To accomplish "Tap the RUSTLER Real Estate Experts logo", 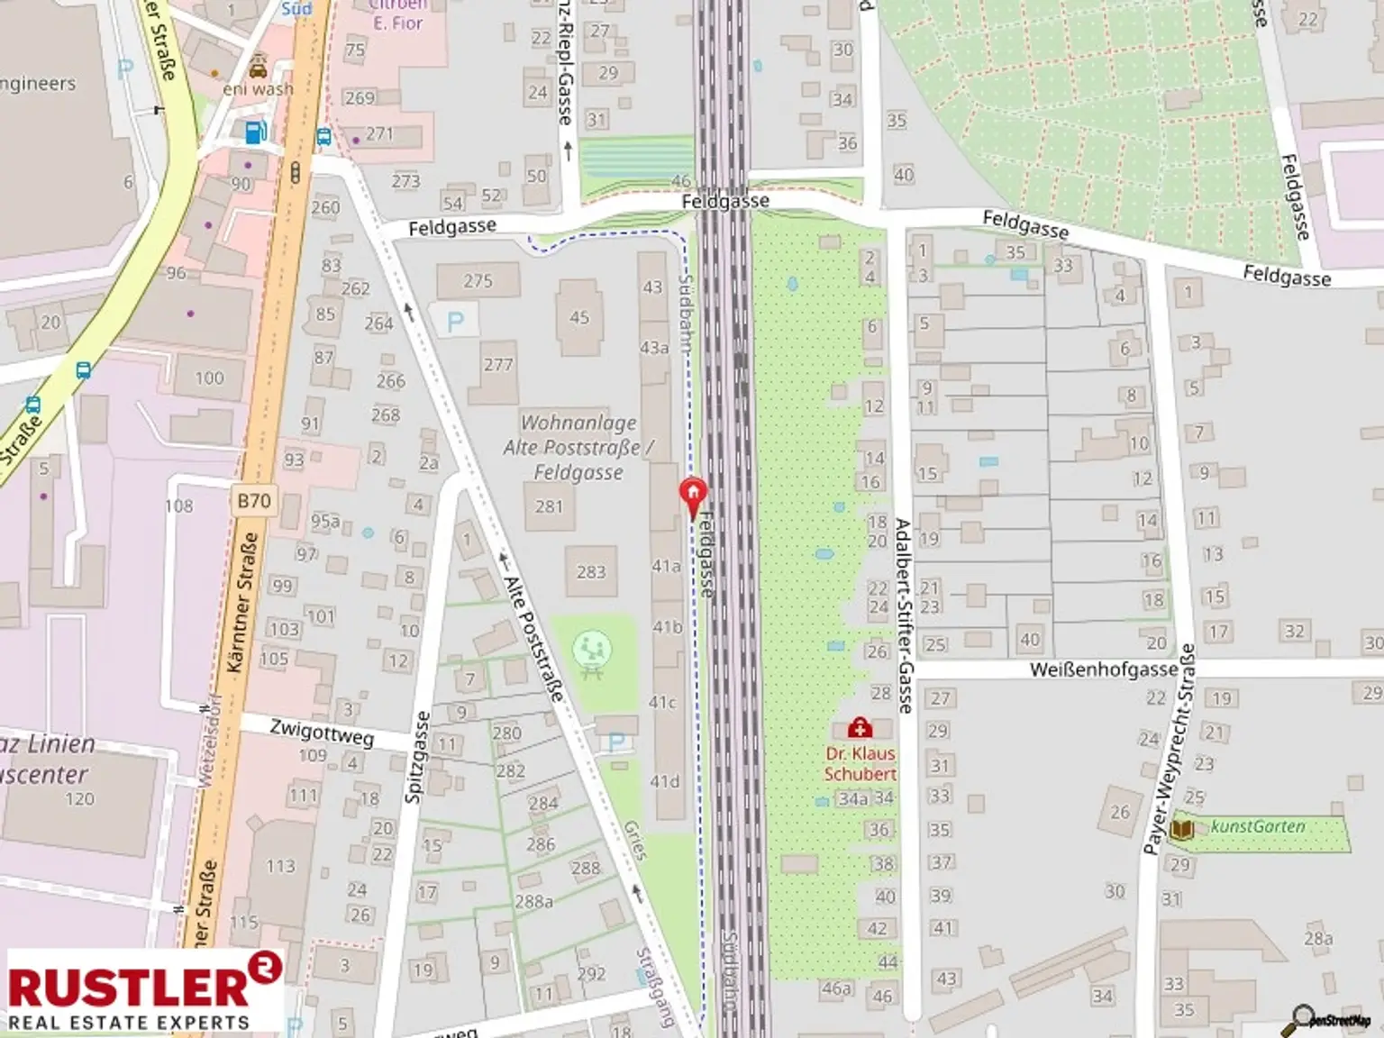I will (x=144, y=990).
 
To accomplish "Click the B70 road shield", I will (x=254, y=501).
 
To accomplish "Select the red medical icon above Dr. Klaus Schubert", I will (x=860, y=727).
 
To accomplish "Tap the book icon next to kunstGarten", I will (x=1181, y=829).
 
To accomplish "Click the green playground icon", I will (x=592, y=649).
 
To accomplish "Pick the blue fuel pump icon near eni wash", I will (x=256, y=132).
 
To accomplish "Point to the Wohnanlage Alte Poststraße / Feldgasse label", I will (x=578, y=447).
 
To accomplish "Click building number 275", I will (x=478, y=281).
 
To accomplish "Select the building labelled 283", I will (x=591, y=572).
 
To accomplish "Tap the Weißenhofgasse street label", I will (x=1103, y=669).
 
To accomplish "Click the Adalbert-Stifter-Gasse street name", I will (x=903, y=615).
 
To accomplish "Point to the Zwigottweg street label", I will (x=322, y=733).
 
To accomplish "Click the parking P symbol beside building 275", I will (x=456, y=322).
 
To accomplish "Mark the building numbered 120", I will (x=79, y=798).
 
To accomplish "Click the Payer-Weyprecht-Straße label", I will (x=1168, y=748).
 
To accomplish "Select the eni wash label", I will (x=258, y=89).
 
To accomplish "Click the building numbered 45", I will (x=579, y=317).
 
